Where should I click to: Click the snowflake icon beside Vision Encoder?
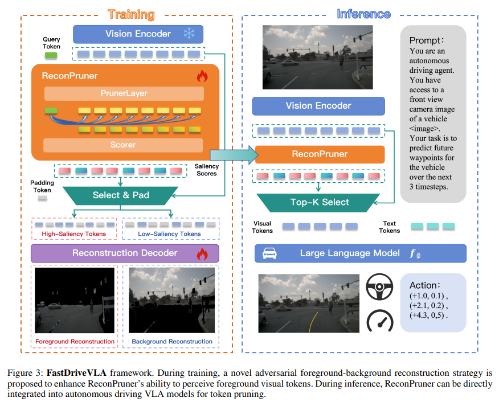(189, 34)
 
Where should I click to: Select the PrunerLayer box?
(124, 93)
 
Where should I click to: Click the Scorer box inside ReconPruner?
(124, 145)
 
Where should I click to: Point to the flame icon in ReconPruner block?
(202, 76)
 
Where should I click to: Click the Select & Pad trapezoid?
(121, 195)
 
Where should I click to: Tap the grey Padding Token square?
(42, 199)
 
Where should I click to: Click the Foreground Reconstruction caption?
(75, 342)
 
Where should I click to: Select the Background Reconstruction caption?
(172, 342)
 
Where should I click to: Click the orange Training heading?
(131, 14)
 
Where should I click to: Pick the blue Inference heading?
(363, 14)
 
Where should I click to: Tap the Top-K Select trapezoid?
(319, 202)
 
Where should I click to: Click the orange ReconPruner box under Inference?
(320, 154)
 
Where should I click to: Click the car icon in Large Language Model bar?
(269, 253)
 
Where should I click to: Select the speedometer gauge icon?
(379, 321)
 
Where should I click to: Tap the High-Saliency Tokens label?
(74, 234)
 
